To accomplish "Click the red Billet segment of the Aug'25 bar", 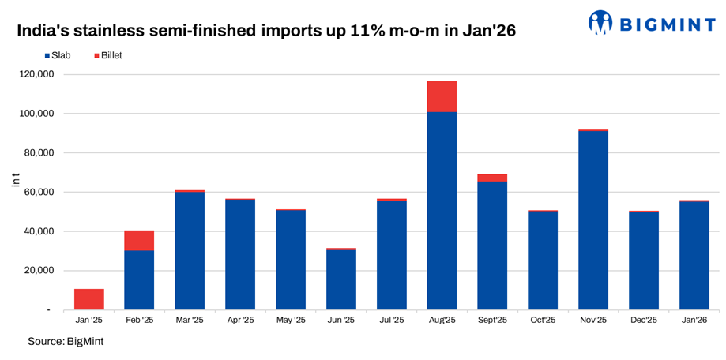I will point(442,96).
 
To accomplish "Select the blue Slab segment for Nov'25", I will point(593,220).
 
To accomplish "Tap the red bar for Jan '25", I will point(89,299).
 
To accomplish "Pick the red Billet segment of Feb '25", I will point(139,241).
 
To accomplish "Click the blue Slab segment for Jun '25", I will point(341,280).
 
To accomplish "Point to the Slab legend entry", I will point(60,56).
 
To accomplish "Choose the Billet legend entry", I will point(107,56).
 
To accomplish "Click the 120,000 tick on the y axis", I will point(36,74).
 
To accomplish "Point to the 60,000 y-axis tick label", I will point(38,192).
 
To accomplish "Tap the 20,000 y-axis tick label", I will point(38,271).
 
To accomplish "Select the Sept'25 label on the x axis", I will point(492,321).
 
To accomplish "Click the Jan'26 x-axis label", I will point(694,321).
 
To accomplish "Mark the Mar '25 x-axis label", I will point(190,321).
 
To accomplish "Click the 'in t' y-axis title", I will point(16,181).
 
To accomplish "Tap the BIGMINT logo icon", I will point(601,22).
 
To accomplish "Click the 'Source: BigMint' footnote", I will point(66,341).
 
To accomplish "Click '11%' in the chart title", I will point(365,31).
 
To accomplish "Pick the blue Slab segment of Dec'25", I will point(644,261).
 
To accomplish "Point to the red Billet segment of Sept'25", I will point(492,178).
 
